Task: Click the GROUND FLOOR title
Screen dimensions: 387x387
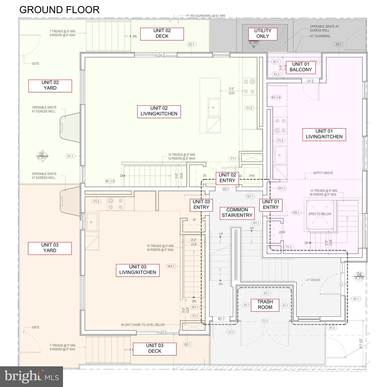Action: [x=59, y=10]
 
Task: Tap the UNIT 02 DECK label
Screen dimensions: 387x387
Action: [x=162, y=34]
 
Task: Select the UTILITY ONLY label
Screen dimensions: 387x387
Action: [x=263, y=34]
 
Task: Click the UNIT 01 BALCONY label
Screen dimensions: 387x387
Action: [x=301, y=67]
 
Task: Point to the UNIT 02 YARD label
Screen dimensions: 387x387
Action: [x=50, y=85]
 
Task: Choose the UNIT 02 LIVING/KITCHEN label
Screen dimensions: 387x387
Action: [x=159, y=111]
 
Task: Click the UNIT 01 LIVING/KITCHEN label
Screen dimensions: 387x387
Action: [x=324, y=134]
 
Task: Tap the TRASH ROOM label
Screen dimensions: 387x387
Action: [x=265, y=305]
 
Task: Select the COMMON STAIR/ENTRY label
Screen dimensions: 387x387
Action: [x=237, y=213]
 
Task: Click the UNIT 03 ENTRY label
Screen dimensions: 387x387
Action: [x=201, y=205]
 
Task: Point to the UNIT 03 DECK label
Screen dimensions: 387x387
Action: [x=155, y=348]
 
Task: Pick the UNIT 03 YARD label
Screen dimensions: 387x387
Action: [x=50, y=248]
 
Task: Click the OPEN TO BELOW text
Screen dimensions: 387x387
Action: [x=320, y=214]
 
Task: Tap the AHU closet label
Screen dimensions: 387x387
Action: [x=252, y=176]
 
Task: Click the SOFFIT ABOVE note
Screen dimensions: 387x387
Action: [x=323, y=173]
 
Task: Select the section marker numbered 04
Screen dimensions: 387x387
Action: [x=359, y=276]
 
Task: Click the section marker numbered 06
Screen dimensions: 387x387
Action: [x=42, y=155]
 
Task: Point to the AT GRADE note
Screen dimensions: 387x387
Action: [x=313, y=280]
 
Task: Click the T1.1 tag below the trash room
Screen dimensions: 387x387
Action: [x=265, y=321]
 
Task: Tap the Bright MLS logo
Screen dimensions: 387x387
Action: [x=31, y=376]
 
